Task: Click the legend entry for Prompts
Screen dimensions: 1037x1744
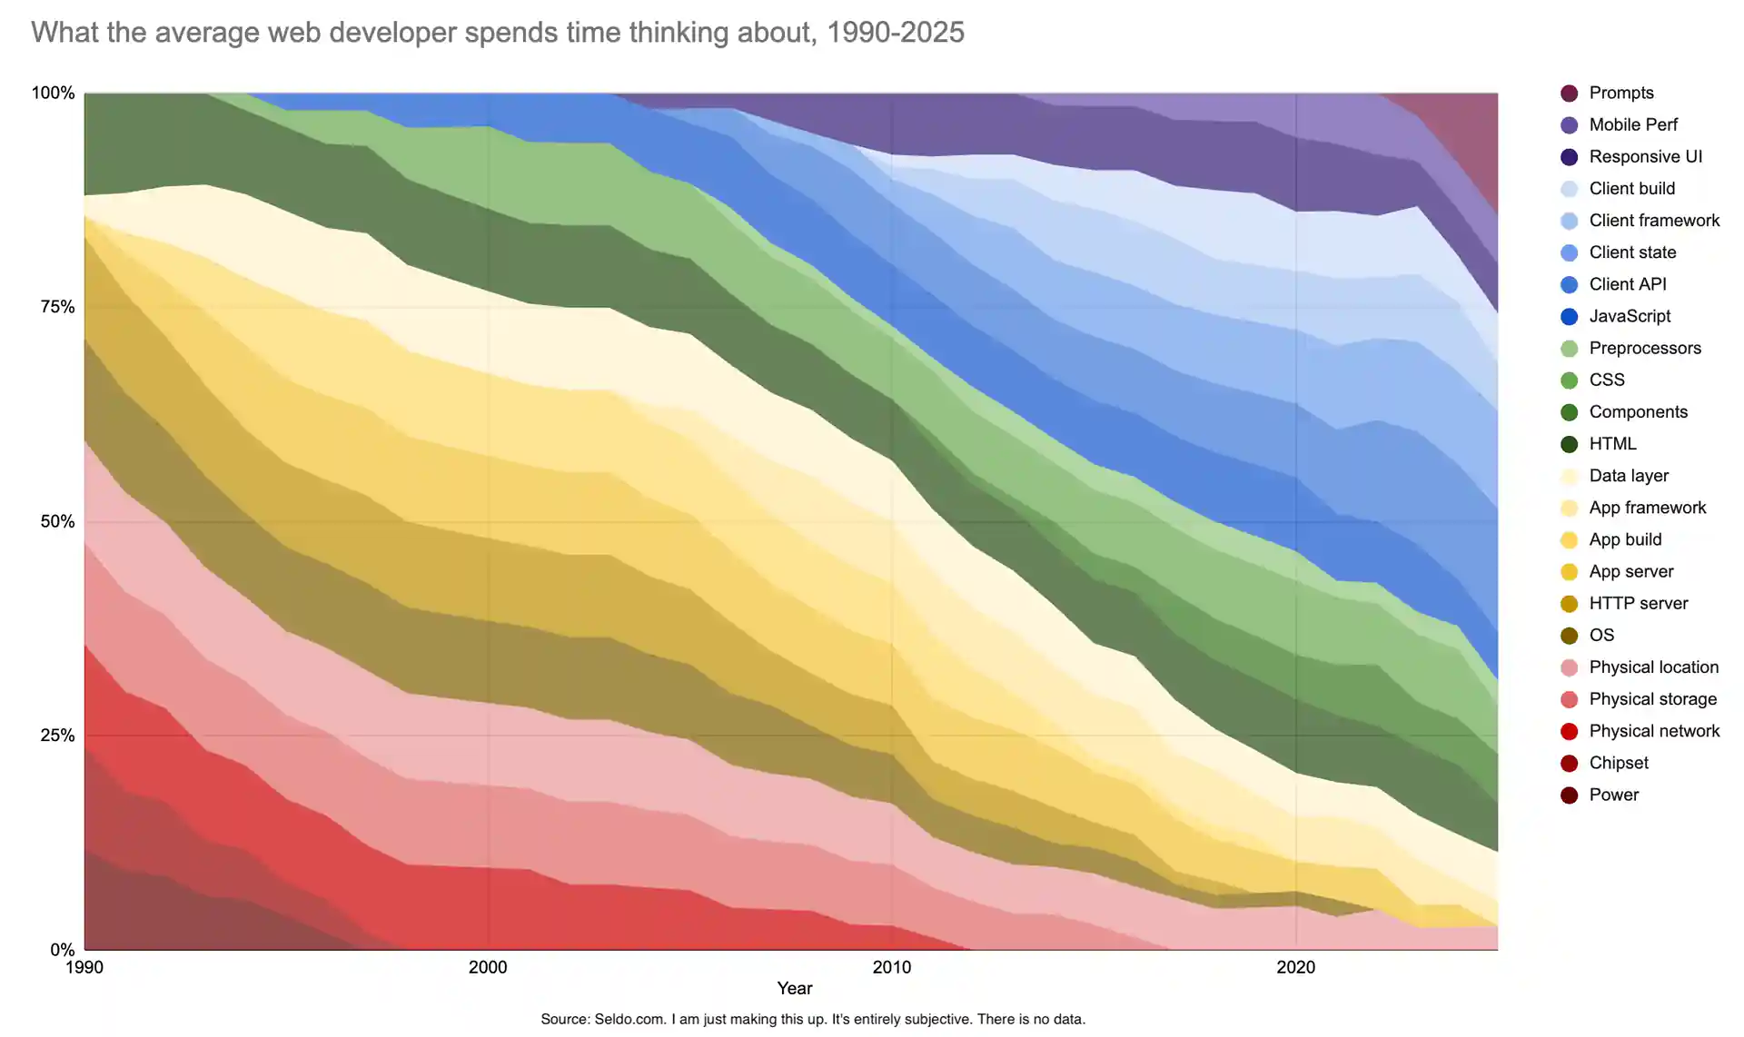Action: coord(1620,93)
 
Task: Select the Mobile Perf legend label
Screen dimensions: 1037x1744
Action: coord(1632,124)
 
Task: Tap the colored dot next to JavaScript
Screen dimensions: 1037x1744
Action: coord(1569,316)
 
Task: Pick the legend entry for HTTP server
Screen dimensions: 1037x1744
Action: coord(1638,603)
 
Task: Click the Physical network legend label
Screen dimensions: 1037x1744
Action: coord(1653,731)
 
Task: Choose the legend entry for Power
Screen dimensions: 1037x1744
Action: coord(1613,795)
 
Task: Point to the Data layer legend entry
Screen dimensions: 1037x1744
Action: coord(1628,476)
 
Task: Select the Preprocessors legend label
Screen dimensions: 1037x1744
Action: coord(1644,348)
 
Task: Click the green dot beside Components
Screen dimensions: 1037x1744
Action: coord(1569,412)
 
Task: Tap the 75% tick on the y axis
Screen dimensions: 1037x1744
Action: coord(56,307)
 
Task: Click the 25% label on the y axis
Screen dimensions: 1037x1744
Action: coord(56,736)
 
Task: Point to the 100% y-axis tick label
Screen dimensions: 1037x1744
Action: coord(53,93)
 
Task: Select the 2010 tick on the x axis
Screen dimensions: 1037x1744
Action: coord(891,967)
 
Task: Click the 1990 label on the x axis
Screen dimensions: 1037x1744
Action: coord(84,967)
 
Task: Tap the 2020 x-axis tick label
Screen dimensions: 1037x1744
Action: coord(1295,967)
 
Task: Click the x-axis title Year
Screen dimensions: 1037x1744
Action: coord(794,988)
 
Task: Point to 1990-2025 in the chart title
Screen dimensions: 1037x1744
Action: coord(895,33)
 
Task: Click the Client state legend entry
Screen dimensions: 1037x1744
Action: coord(1631,252)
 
